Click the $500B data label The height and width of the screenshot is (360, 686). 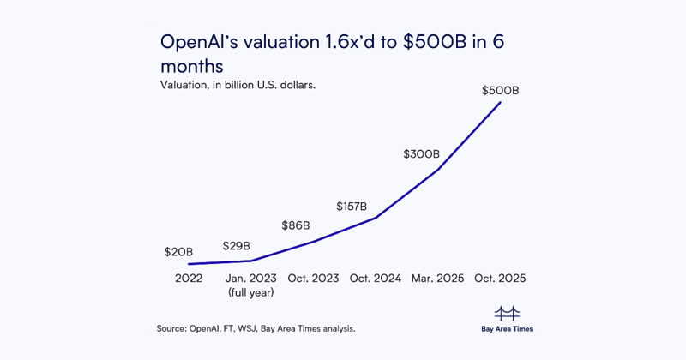point(501,90)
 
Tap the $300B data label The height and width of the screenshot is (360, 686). point(422,154)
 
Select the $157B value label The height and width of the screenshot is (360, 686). point(352,207)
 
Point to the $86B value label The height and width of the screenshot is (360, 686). point(296,226)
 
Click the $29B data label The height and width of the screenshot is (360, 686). point(237,246)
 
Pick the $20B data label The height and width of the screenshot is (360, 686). point(179,252)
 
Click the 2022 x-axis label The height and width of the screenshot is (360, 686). point(189,279)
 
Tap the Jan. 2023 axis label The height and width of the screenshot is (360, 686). point(250,279)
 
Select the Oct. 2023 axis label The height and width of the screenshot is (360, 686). point(313,279)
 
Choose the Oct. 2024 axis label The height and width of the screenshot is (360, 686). point(376,279)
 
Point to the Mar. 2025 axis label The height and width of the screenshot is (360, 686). point(438,279)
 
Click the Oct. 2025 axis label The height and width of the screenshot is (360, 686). point(501,279)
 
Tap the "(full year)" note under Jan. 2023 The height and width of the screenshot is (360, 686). point(250,292)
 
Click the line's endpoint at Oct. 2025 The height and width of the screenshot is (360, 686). point(501,103)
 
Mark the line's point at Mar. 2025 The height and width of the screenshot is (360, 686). point(438,170)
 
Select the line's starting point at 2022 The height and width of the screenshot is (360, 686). point(189,264)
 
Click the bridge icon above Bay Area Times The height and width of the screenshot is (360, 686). point(508,312)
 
